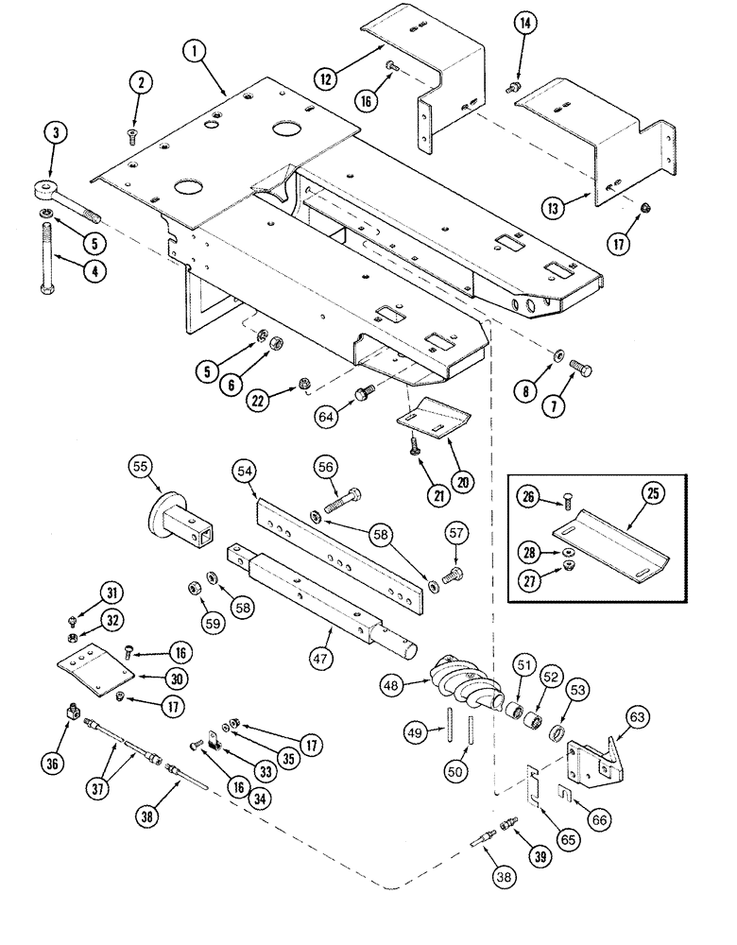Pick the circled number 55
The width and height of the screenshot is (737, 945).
tap(141, 467)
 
